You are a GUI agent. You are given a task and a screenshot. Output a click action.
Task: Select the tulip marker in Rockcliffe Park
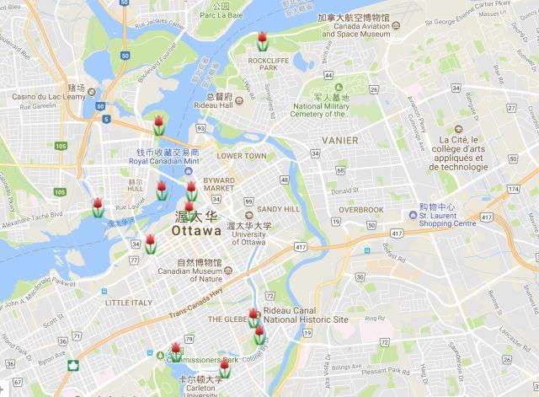(263, 40)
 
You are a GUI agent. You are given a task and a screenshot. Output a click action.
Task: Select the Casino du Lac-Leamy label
(40, 97)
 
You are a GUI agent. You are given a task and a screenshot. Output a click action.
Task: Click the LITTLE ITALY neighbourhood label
(126, 302)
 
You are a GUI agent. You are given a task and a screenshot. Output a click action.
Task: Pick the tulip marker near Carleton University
(225, 368)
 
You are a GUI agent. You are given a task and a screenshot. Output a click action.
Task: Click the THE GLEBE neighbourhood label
(226, 319)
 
